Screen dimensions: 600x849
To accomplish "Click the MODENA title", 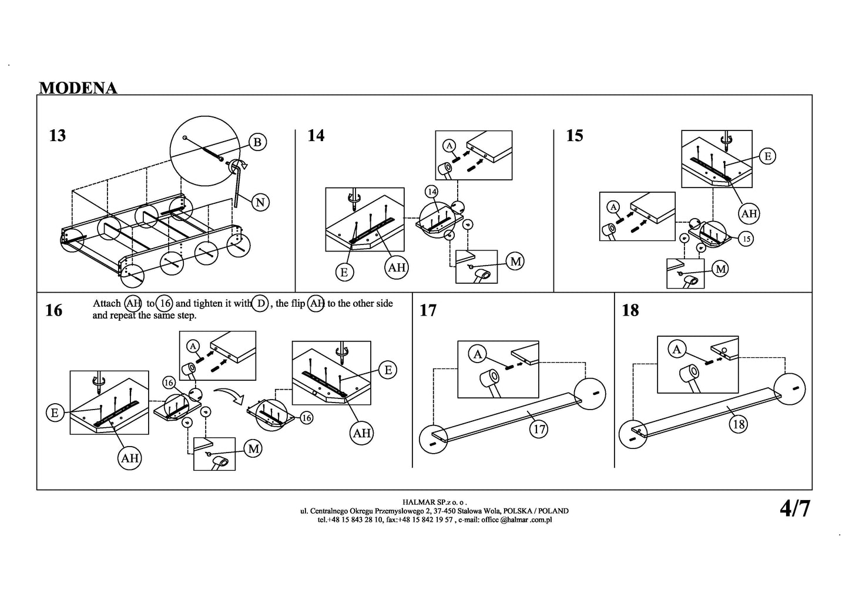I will click(x=78, y=88).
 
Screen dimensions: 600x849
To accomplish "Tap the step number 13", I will click(x=58, y=136).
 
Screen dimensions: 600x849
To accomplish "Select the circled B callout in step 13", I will click(x=257, y=142).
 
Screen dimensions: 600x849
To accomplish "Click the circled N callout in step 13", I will click(x=260, y=202).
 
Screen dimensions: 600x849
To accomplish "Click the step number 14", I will click(x=316, y=136).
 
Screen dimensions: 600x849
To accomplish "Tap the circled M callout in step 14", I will click(x=515, y=261).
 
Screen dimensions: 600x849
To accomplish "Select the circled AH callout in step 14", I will click(x=397, y=267).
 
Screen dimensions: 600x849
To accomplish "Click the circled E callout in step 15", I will click(x=767, y=156).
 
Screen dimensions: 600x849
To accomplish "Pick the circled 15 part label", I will click(x=745, y=239).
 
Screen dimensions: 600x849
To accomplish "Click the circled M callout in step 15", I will click(x=720, y=269).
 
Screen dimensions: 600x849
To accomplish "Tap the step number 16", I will click(x=53, y=310).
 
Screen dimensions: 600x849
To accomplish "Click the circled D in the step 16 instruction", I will click(x=261, y=303).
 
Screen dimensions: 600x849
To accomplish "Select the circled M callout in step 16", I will click(x=253, y=449).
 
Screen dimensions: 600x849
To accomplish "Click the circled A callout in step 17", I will click(x=478, y=354).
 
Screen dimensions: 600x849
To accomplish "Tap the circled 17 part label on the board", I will click(x=538, y=429).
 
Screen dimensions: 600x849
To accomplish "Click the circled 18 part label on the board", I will click(x=739, y=424).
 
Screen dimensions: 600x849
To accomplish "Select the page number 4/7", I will click(x=794, y=508).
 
